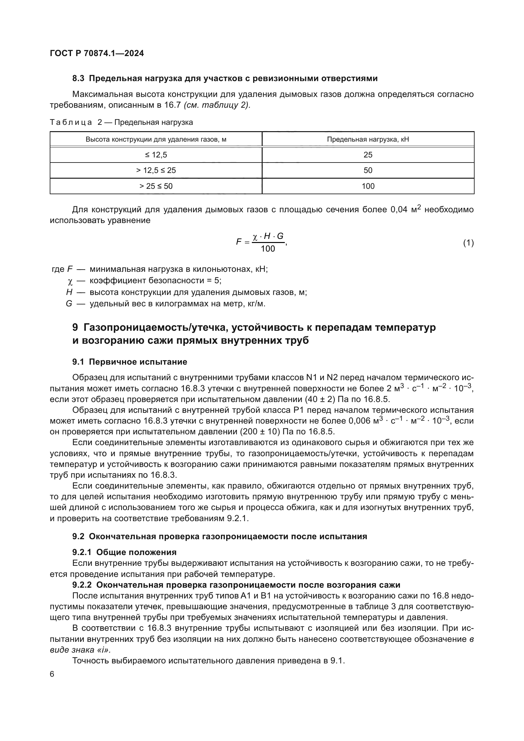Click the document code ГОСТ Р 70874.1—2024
tap(97, 53)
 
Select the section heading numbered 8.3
tap(225, 79)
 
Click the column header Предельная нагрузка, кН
tap(368, 139)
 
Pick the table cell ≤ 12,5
tap(156, 155)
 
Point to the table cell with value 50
tap(368, 170)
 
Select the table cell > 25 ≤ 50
tap(156, 186)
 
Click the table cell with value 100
tap(368, 186)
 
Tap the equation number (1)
tap(468, 243)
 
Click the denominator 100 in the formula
tap(268, 248)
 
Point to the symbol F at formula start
tap(239, 242)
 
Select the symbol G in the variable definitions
tap(69, 304)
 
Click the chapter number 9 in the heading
tap(75, 327)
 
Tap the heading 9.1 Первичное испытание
tap(130, 362)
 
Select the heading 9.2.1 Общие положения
tap(125, 552)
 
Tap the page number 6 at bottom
tap(52, 674)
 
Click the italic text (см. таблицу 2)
tap(217, 105)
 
